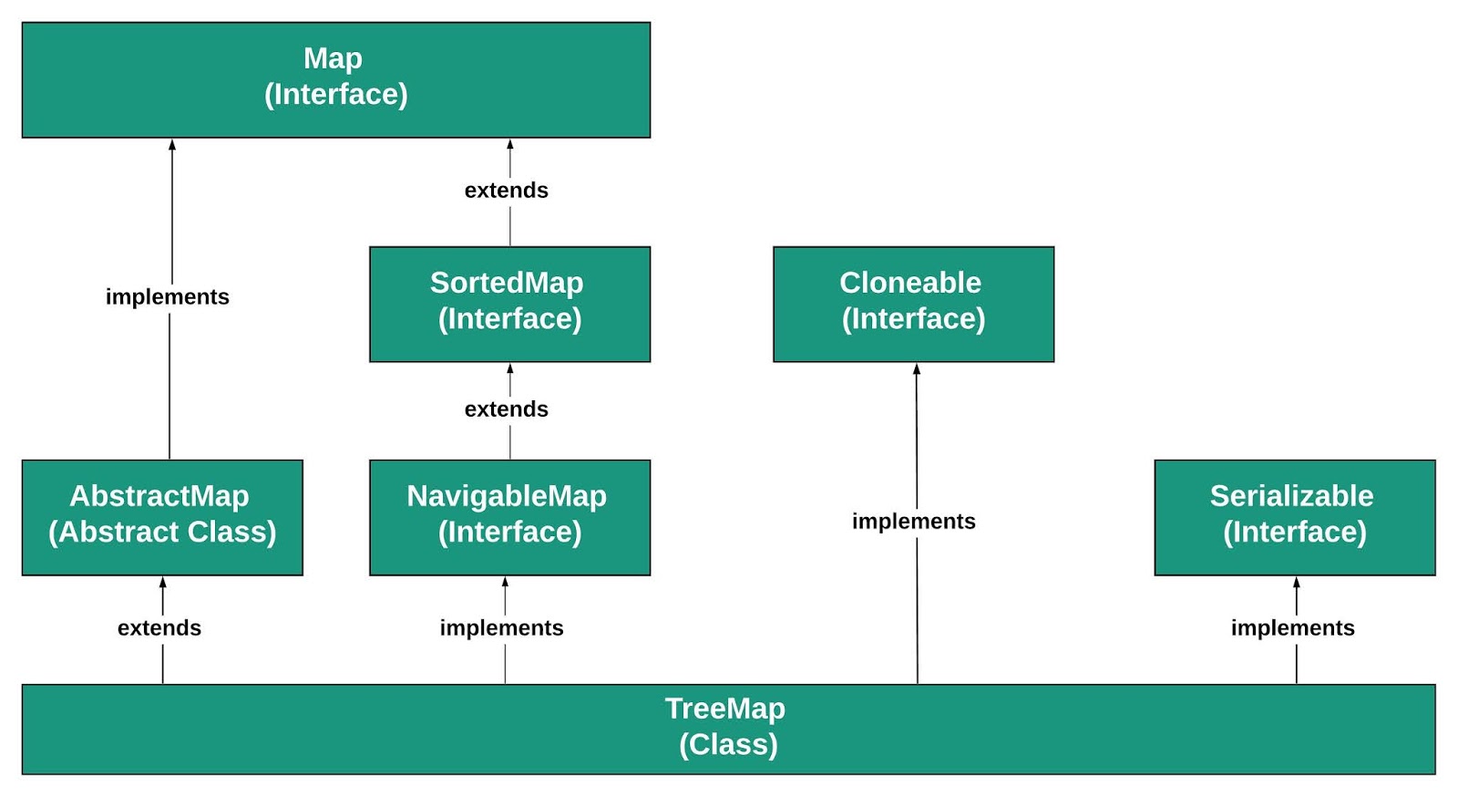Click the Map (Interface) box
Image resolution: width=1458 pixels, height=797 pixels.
[x=335, y=80]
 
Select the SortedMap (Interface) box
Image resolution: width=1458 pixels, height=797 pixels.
[x=509, y=304]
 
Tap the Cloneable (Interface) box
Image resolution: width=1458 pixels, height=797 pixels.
[x=913, y=304]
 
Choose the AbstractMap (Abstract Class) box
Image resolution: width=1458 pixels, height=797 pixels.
[x=162, y=517]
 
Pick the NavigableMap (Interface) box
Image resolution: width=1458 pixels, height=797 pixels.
[x=509, y=517]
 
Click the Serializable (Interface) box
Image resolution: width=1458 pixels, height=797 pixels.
[x=1294, y=517]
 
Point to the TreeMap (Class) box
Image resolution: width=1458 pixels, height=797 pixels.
[x=728, y=729]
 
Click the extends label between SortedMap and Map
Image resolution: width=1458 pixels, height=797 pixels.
[x=507, y=191]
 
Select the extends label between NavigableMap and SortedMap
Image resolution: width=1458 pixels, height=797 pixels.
[x=507, y=409]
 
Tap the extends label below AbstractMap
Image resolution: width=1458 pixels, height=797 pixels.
[x=159, y=628]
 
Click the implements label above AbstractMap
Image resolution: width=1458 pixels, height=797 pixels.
[x=168, y=297]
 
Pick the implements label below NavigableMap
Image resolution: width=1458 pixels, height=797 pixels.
[x=502, y=628]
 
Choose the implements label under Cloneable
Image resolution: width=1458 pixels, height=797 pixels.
[x=914, y=522]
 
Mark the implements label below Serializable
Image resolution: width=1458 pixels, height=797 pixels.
[x=1293, y=628]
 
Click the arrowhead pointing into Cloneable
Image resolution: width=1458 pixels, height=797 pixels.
[x=917, y=369]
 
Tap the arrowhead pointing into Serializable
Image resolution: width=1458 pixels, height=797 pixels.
[x=1297, y=583]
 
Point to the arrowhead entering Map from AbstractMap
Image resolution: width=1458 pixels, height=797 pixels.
[x=172, y=145]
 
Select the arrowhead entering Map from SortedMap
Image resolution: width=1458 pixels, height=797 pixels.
[x=510, y=145]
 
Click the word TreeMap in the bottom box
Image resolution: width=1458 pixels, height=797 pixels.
[x=725, y=709]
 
